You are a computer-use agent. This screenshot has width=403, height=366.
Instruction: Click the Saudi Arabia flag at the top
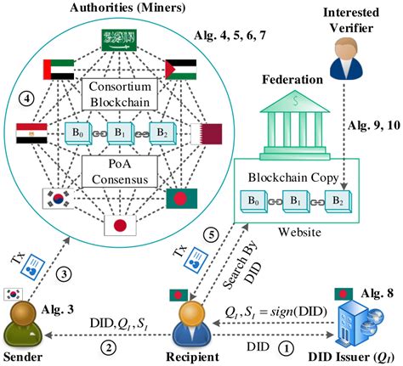coord(118,39)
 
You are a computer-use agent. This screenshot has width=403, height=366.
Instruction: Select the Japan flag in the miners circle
coord(117,226)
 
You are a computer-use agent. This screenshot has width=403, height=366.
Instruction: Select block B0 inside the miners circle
coord(78,134)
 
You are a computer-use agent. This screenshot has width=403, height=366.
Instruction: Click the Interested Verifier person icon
coord(349,53)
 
